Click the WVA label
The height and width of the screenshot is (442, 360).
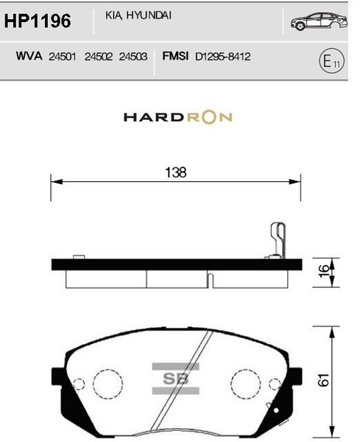click(27, 56)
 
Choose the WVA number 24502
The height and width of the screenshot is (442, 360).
click(98, 56)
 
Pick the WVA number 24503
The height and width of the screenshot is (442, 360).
click(133, 56)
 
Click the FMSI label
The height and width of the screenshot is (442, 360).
click(173, 56)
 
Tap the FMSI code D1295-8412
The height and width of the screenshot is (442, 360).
click(223, 56)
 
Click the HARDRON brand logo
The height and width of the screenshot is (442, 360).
click(177, 117)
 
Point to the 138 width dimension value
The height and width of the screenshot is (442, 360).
click(176, 172)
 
